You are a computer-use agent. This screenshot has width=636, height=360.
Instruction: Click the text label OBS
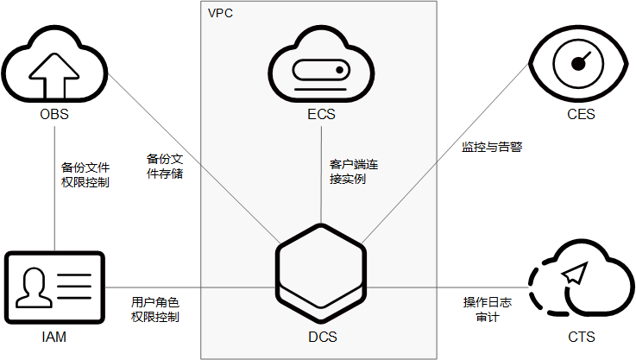54,114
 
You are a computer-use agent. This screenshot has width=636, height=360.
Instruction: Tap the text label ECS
321,114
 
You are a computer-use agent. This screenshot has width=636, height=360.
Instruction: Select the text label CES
581,114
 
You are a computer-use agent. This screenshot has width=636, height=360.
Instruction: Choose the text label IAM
54,336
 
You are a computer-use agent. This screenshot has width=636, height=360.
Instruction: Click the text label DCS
321,336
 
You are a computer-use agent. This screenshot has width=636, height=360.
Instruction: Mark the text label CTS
581,336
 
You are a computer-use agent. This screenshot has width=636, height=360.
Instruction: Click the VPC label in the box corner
220,14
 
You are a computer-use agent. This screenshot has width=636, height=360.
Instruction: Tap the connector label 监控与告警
492,147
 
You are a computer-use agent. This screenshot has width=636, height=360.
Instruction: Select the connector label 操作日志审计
488,309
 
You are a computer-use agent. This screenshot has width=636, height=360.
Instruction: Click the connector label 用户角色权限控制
155,309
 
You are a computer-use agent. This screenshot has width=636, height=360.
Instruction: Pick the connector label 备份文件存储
164,166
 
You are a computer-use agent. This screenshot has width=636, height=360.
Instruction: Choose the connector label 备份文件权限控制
85,174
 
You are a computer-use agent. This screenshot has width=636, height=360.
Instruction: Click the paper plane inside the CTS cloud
573,274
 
